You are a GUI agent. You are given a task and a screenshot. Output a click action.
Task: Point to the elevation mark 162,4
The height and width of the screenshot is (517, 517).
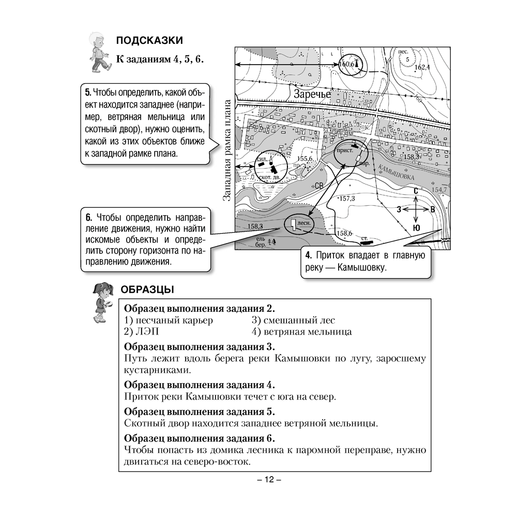[x=422, y=67]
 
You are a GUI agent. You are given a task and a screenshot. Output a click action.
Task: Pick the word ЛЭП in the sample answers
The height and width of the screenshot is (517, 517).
[x=143, y=331]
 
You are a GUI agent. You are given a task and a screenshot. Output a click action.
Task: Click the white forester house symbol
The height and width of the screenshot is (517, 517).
[x=293, y=224]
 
